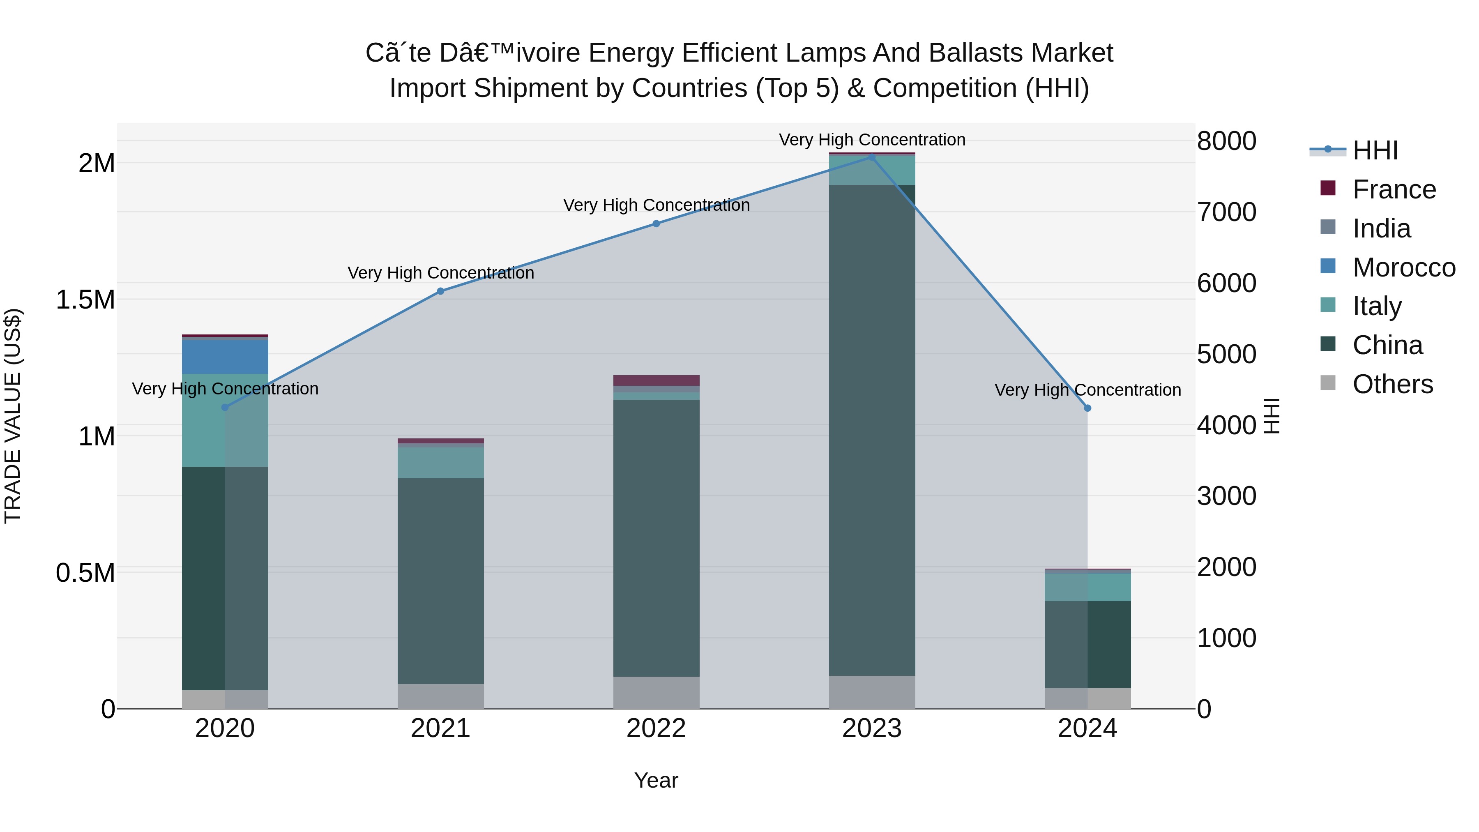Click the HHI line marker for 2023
[x=871, y=157]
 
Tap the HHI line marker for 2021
[x=440, y=291]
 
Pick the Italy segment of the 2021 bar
[x=440, y=462]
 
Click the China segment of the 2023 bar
[x=871, y=431]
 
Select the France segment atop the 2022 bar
[x=656, y=380]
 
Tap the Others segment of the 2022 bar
[x=656, y=692]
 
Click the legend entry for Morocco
[x=1403, y=267]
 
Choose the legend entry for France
[x=1394, y=189]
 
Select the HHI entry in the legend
[x=1375, y=150]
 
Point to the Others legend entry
[x=1392, y=384]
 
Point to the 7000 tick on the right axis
[x=1226, y=212]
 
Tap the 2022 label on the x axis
[x=656, y=728]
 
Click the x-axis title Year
[x=656, y=780]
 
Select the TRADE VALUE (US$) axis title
[x=13, y=416]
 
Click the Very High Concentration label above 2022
[x=656, y=205]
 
